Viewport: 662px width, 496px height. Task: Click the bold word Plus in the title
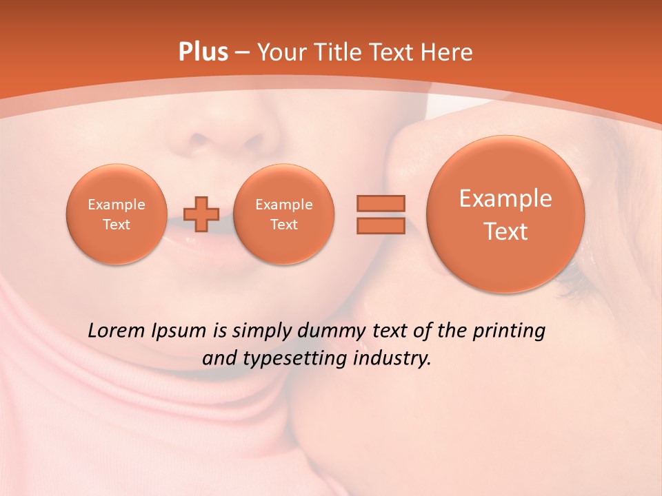[x=203, y=52]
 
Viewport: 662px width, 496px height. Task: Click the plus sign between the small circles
[x=201, y=214]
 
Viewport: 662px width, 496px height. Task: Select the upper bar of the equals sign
[x=381, y=203]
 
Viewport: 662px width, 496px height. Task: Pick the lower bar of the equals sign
[x=381, y=226]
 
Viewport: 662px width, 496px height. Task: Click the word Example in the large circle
[x=505, y=198]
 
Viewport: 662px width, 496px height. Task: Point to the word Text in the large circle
[x=505, y=231]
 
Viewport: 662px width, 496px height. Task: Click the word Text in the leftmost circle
[x=117, y=225]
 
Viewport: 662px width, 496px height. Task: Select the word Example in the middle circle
[x=284, y=205]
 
